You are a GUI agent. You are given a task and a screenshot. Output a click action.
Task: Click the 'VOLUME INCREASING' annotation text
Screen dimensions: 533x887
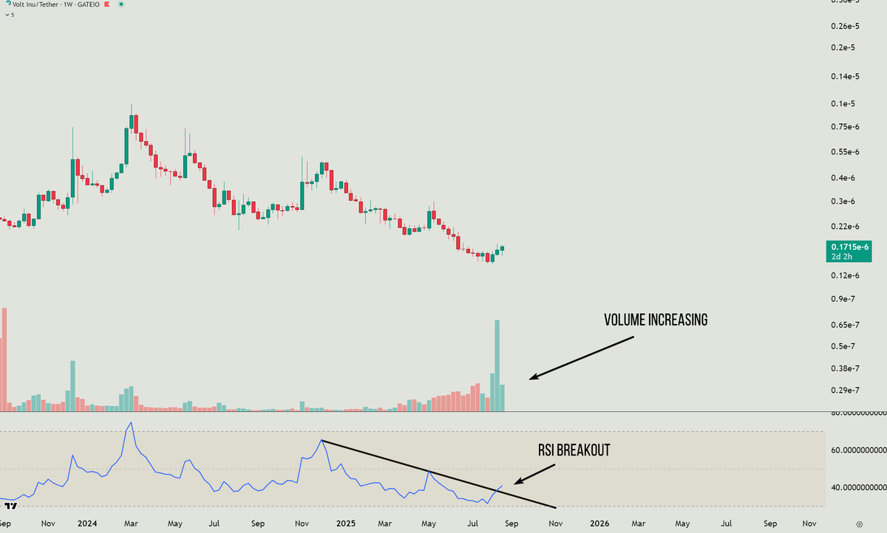656,320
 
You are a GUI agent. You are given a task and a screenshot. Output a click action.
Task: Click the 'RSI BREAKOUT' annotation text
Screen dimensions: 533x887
574,450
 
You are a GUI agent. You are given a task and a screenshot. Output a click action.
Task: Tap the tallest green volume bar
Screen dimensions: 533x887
497,365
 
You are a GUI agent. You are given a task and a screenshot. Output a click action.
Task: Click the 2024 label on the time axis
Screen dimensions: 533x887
87,523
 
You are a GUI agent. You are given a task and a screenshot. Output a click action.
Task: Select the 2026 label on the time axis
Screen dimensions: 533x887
599,523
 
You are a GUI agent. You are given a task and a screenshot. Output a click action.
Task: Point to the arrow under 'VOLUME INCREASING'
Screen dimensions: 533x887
581,359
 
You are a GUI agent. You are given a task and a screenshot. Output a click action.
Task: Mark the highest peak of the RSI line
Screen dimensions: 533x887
131,423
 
